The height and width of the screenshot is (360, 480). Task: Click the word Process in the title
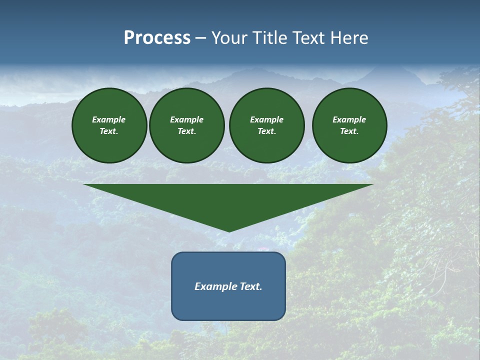(157, 38)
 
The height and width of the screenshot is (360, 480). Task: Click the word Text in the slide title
(309, 38)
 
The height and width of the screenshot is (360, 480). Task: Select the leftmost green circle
(109, 125)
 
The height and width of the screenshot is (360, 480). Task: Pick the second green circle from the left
(186, 125)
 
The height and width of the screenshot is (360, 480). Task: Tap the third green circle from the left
(266, 125)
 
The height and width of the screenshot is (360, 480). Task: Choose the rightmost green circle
(349, 125)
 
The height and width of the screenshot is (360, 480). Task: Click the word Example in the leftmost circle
(109, 119)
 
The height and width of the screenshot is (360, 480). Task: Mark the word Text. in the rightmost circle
(349, 131)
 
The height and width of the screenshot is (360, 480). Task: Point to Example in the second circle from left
(186, 119)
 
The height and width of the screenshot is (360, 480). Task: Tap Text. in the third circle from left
(266, 131)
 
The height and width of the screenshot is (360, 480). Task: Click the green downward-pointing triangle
(228, 200)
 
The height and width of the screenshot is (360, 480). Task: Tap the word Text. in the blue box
(251, 286)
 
